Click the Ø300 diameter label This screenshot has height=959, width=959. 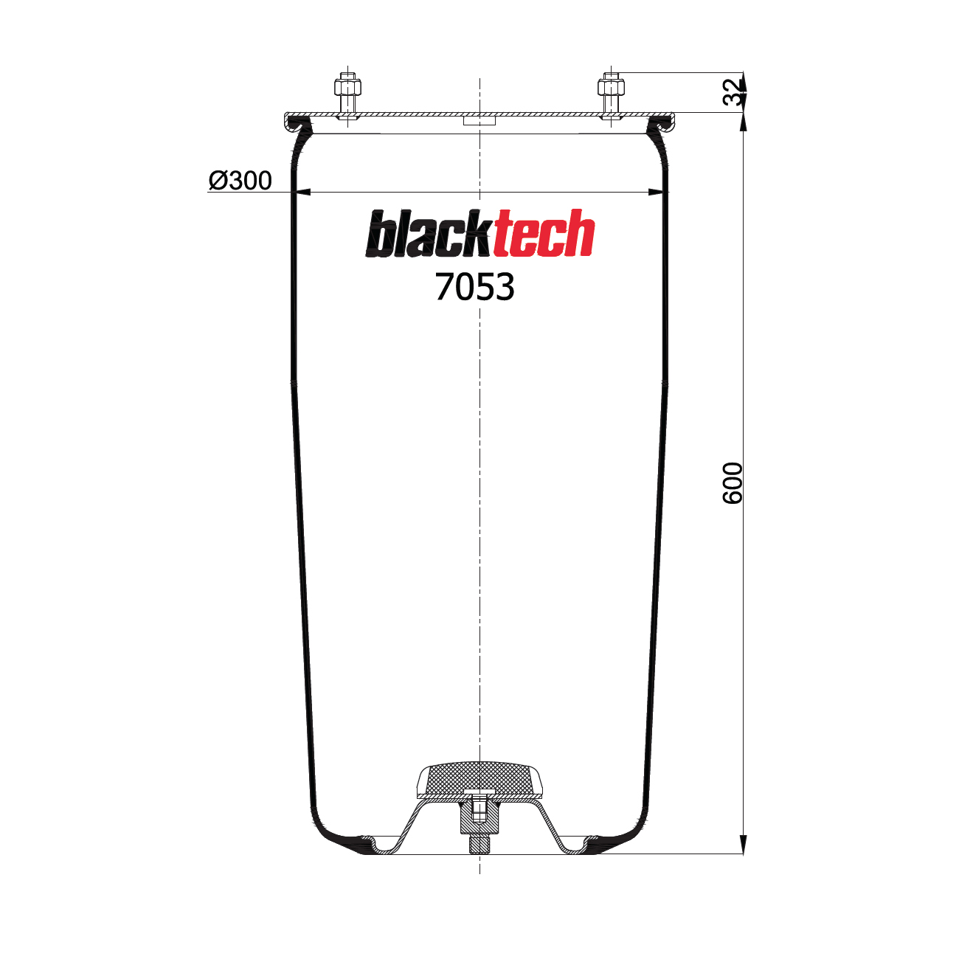tap(240, 180)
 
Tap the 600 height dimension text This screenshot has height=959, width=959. tap(733, 483)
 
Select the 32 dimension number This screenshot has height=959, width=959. tap(733, 92)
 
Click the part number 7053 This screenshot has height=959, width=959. tap(474, 287)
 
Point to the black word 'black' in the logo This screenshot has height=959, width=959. tap(429, 235)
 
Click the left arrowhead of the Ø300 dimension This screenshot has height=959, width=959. tap(302, 192)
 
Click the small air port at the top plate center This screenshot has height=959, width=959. tap(479, 120)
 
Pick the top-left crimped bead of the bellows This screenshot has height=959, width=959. tap(298, 125)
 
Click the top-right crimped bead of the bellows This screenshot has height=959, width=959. tap(661, 125)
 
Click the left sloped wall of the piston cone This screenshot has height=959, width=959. tap(409, 826)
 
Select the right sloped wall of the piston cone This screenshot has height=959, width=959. tap(550, 826)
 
